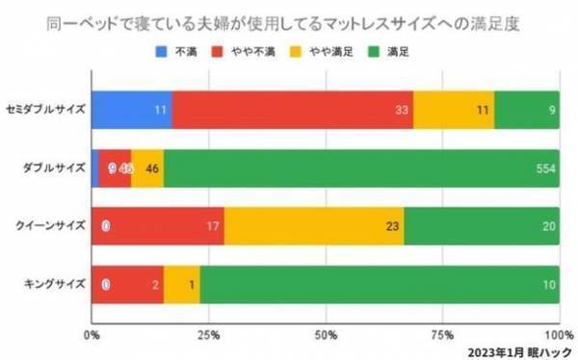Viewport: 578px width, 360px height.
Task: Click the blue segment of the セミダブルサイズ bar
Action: (x=132, y=110)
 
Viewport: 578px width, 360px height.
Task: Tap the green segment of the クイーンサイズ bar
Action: (x=482, y=226)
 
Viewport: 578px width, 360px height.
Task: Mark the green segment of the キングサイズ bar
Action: (x=380, y=284)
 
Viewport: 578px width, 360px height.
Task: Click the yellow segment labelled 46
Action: (x=147, y=167)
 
